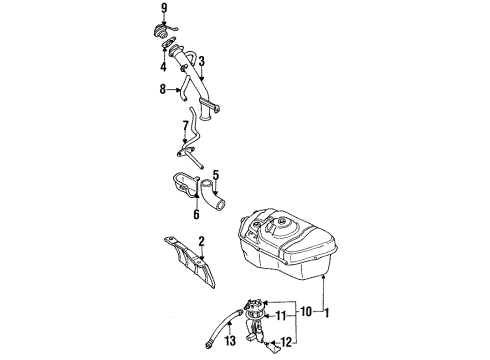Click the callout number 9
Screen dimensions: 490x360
point(164,8)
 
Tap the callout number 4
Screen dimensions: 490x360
point(163,67)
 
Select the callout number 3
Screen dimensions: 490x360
point(201,62)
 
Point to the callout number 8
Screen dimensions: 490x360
point(163,89)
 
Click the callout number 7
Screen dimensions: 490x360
point(186,126)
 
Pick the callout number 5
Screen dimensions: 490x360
point(216,175)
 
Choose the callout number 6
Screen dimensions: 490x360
point(196,214)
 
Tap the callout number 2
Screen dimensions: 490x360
point(201,241)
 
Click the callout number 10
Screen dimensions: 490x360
point(306,312)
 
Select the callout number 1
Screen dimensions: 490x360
point(327,313)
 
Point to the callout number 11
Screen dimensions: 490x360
point(281,315)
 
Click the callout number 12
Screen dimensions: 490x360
point(286,342)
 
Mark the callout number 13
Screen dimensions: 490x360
point(230,341)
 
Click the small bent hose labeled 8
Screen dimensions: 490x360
point(184,88)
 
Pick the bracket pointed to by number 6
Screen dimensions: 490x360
point(186,185)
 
